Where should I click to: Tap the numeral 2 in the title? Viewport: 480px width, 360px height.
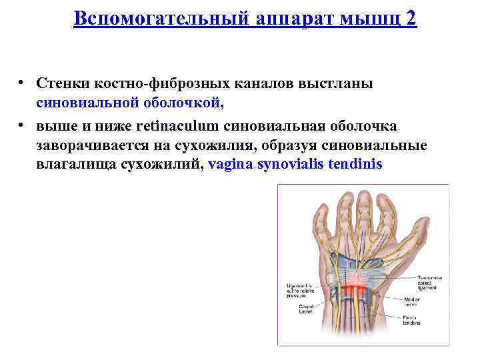click(411, 18)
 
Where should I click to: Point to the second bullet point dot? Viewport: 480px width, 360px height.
click(22, 125)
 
